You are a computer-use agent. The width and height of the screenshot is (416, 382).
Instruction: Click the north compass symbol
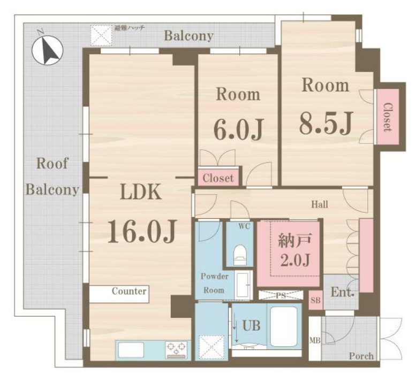(47, 50)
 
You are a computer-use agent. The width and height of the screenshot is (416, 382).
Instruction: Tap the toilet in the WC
(240, 255)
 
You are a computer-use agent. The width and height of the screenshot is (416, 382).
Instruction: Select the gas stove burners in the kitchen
(176, 350)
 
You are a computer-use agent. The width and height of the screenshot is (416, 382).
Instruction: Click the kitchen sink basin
(131, 350)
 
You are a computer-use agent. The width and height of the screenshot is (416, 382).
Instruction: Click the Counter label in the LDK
(129, 291)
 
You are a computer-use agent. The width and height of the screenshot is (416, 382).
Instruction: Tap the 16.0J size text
(141, 232)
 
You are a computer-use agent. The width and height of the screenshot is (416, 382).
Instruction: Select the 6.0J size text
(238, 130)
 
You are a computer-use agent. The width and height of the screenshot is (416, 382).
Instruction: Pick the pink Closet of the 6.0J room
(218, 178)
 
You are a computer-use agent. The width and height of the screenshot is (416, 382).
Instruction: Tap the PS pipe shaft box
(281, 295)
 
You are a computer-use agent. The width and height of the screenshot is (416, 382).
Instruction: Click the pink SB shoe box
(316, 300)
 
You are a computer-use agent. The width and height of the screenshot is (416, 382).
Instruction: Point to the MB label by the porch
(315, 340)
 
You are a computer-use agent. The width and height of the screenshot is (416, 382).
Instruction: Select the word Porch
(361, 356)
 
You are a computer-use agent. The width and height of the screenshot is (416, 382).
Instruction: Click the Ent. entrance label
(343, 293)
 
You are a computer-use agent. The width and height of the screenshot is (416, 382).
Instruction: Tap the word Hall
(320, 204)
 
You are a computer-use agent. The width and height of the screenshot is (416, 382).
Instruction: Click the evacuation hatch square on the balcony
(101, 35)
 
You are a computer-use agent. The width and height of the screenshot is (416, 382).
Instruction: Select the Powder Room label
(214, 283)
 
